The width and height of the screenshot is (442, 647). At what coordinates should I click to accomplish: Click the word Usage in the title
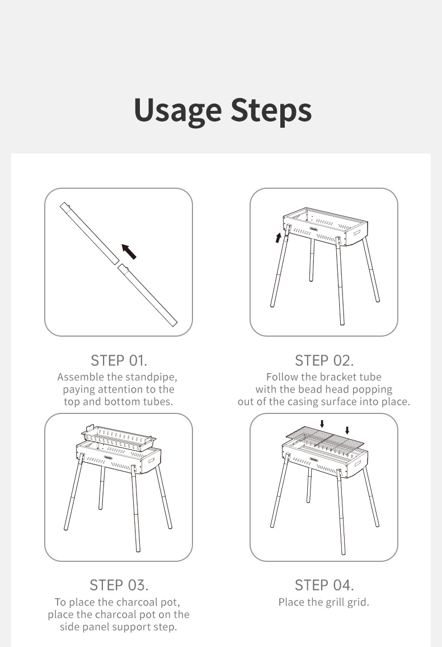coord(178,111)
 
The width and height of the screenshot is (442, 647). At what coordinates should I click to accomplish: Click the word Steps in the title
coord(271,110)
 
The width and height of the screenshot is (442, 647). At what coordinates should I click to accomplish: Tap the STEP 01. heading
coord(119,361)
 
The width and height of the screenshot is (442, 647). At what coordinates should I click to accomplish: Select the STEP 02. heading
coord(324,361)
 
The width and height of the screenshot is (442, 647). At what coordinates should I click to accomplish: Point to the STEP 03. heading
coord(119,585)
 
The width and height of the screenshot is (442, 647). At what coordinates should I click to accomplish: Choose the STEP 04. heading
coord(324,585)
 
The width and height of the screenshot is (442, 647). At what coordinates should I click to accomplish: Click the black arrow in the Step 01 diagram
coord(129,252)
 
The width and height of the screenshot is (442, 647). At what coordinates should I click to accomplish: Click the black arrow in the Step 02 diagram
coord(278,238)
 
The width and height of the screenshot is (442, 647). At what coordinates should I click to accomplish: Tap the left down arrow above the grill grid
coord(322,423)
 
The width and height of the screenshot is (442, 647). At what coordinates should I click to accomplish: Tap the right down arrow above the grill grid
coord(347,430)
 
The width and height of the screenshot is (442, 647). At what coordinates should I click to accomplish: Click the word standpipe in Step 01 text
coord(151,377)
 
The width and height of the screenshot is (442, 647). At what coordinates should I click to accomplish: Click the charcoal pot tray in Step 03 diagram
coord(119,438)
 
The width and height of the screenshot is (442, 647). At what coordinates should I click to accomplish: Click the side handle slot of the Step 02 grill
coord(356,232)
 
